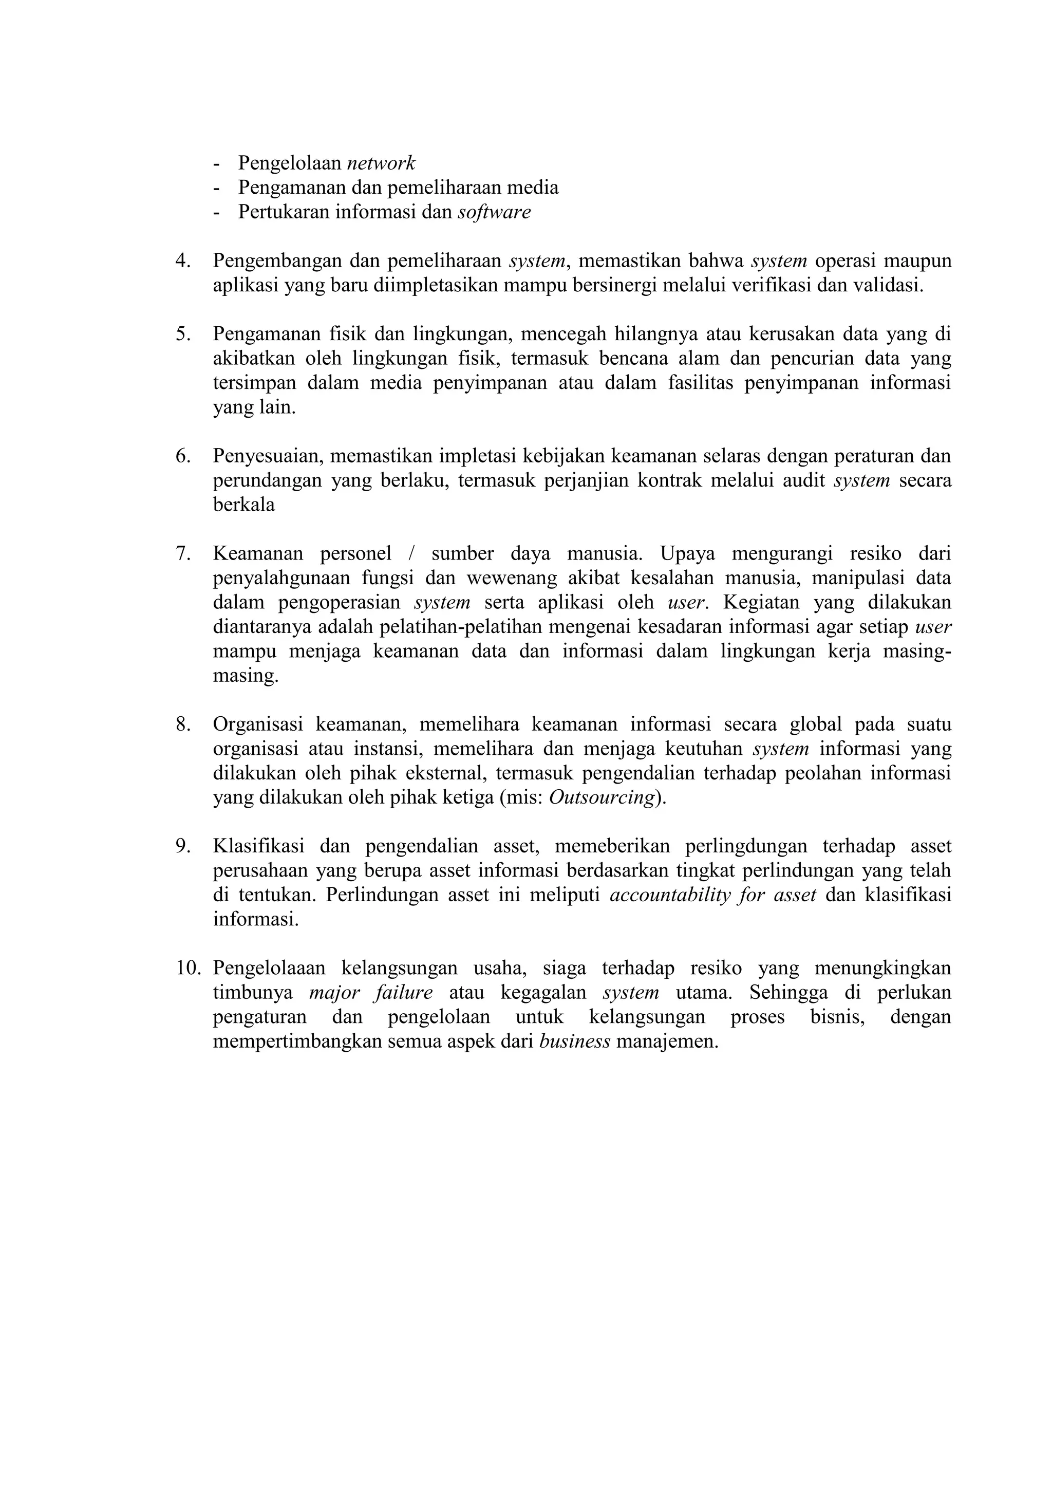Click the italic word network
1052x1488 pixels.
[x=381, y=163]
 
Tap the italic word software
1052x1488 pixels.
[x=494, y=213]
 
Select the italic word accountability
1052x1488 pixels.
[x=670, y=896]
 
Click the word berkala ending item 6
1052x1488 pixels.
[x=243, y=505]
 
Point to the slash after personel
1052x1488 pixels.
[x=411, y=554]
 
